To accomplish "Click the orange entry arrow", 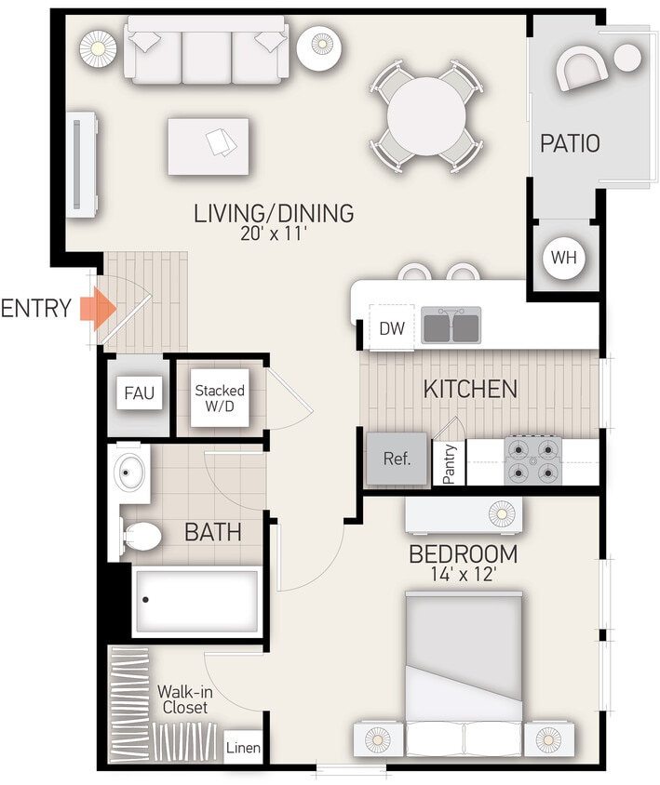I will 95,309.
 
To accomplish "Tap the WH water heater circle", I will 563,258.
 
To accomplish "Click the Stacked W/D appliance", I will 220,398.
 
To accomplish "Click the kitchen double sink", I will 452,326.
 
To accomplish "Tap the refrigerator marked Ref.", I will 397,459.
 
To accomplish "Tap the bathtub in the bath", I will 195,600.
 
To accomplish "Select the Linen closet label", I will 244,748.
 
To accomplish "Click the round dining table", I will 426,116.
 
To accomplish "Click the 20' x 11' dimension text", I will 273,234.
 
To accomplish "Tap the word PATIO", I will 570,144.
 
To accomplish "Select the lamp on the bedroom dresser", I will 501,512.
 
